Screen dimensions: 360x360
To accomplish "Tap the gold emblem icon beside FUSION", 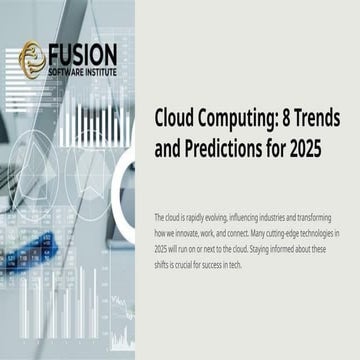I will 33,58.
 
